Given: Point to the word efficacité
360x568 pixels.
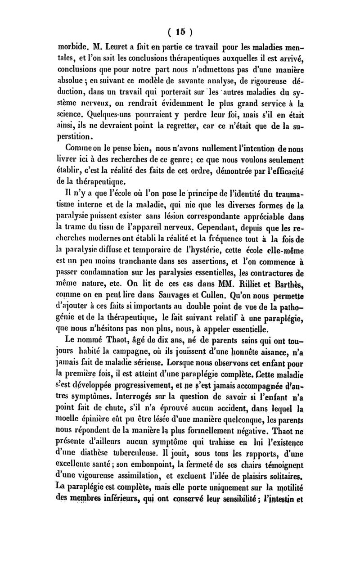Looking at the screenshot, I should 286,171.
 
